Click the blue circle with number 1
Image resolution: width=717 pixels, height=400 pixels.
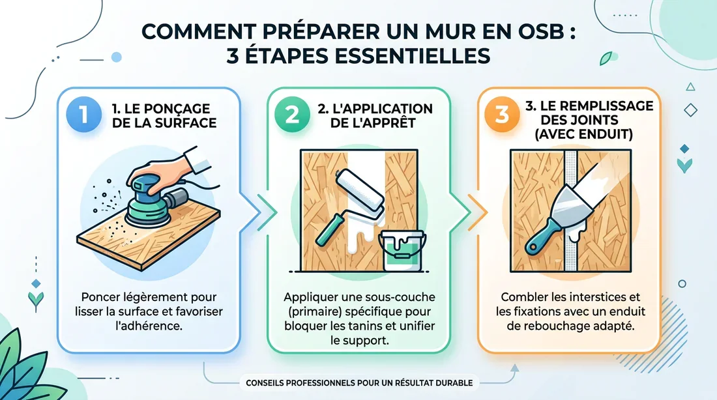click(83, 113)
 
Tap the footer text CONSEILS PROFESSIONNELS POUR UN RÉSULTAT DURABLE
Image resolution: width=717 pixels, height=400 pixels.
click(356, 382)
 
